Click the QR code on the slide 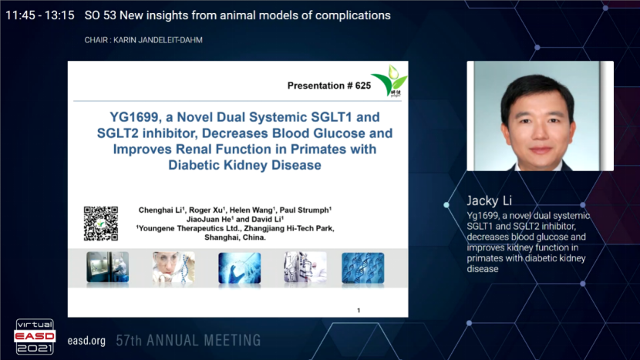point(101,224)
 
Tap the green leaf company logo point(390,80)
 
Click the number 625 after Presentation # point(363,86)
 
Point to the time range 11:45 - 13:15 point(40,15)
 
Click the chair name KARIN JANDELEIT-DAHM point(158,40)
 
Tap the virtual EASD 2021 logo point(35,336)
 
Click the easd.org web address point(86,341)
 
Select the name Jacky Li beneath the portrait point(490,200)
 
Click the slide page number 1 point(359,310)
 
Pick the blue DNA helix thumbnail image point(363,267)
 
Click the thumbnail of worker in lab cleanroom point(107,267)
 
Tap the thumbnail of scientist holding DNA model point(173,267)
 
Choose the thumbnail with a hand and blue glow point(240,267)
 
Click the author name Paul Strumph point(305,210)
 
